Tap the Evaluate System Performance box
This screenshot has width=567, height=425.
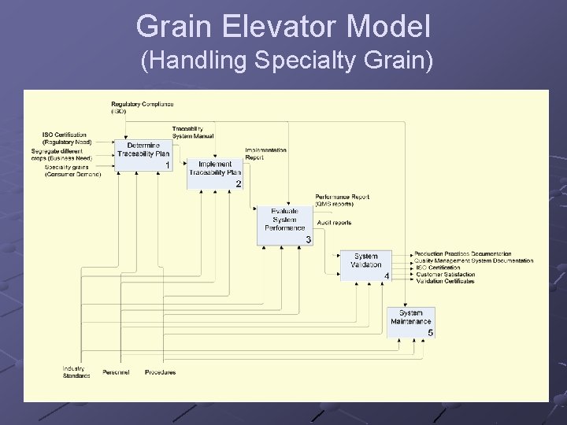point(284,224)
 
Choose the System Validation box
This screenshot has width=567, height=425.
point(365,266)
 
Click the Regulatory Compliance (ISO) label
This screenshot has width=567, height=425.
point(142,107)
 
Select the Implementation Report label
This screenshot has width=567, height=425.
point(265,153)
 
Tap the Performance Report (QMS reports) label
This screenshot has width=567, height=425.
point(342,200)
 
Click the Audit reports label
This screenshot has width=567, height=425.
point(334,223)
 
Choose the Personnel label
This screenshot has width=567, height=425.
point(117,372)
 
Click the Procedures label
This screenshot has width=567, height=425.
point(160,372)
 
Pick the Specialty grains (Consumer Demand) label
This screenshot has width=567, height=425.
point(72,171)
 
